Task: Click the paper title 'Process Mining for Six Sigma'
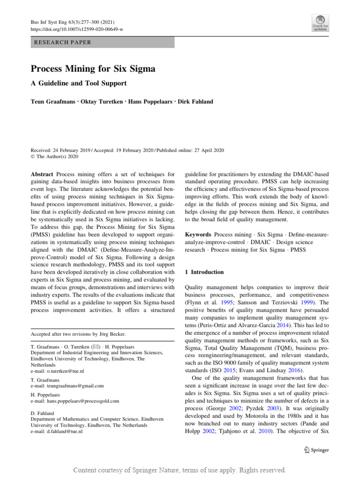point(93,69)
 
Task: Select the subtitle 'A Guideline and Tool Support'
point(79,83)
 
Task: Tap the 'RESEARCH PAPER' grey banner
point(102,42)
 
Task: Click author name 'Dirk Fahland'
point(196,102)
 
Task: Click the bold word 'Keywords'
point(198,233)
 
